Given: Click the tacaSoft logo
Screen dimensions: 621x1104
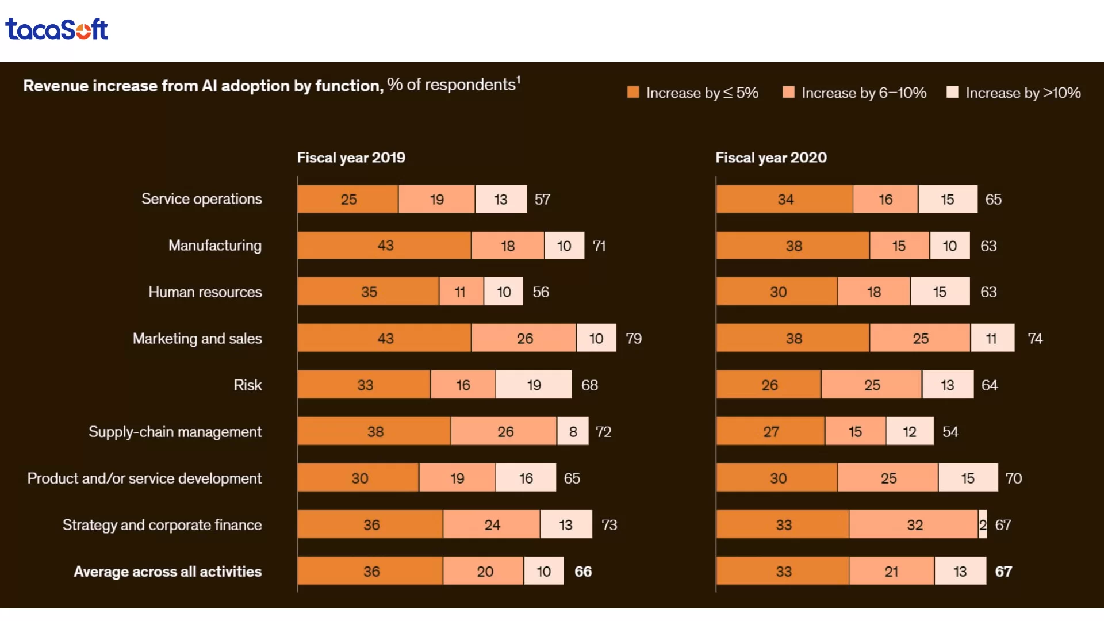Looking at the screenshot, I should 56,29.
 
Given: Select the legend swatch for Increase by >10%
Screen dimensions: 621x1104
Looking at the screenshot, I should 952,93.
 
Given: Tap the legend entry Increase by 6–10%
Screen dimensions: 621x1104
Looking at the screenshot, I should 854,93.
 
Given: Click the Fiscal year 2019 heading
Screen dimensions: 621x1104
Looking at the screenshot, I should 351,158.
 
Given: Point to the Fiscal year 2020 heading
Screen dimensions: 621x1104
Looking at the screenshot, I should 770,158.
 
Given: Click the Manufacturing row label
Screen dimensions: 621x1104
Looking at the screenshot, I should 214,246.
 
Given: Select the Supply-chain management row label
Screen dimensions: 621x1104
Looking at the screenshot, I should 175,432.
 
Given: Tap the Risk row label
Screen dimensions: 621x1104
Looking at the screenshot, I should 247,385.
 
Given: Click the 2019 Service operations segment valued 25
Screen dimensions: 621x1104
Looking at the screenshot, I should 348,200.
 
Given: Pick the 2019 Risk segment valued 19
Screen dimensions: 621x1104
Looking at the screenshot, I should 534,385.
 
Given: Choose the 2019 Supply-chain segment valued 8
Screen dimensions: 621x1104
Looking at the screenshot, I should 573,432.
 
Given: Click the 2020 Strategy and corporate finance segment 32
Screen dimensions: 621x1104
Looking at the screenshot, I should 914,525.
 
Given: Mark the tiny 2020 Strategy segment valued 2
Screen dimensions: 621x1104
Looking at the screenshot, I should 983,525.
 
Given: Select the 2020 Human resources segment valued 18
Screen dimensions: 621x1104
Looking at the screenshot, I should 873,292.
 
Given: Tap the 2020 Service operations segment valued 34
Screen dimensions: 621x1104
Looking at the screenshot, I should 785,200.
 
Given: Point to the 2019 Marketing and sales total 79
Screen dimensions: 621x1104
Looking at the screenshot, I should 633,339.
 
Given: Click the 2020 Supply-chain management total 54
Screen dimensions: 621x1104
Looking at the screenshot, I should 950,432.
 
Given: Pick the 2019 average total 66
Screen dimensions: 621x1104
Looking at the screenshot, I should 582,572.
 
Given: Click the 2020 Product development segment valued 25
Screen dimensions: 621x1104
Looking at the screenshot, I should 888,478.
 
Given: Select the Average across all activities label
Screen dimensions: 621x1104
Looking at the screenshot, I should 167,572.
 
